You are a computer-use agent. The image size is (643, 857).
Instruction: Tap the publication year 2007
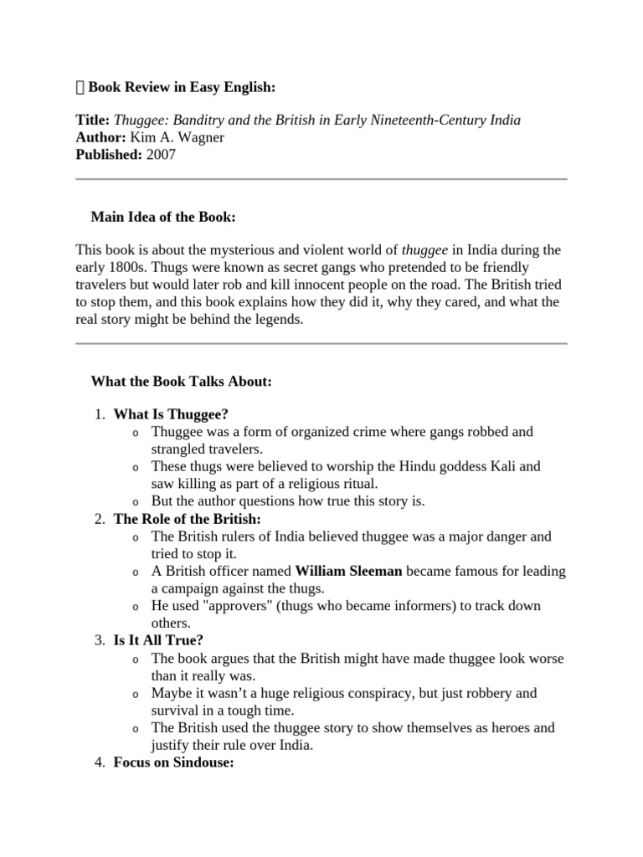161,155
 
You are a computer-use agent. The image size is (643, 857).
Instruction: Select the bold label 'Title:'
92,121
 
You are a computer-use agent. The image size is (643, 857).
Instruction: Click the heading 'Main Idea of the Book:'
163,218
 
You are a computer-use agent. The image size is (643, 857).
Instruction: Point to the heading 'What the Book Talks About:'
181,382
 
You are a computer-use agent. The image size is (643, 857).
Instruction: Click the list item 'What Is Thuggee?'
171,414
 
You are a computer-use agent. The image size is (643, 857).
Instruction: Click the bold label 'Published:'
109,155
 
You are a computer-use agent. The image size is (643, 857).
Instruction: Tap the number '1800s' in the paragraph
128,268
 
